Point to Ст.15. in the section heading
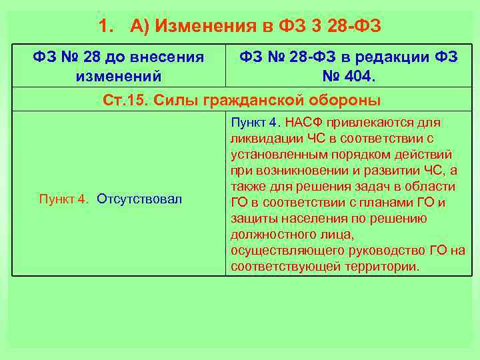click(x=125, y=100)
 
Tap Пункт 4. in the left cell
click(x=64, y=199)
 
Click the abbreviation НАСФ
click(x=309, y=123)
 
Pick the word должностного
click(x=273, y=234)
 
